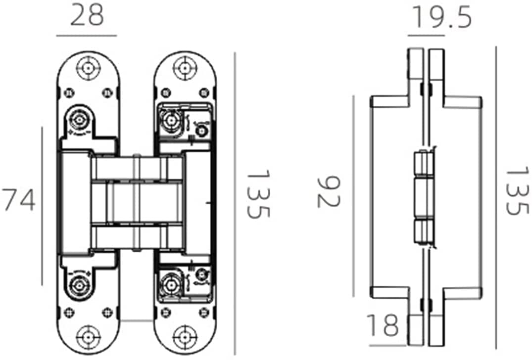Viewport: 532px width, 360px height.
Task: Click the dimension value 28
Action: point(87,16)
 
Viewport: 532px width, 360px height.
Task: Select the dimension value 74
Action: point(19,200)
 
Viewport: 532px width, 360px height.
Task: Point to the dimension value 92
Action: point(328,191)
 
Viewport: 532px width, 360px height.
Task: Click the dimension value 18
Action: point(383,325)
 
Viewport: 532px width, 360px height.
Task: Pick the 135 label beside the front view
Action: point(258,194)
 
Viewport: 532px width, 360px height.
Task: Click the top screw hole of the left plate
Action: point(88,68)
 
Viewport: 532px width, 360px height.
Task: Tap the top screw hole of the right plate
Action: point(185,68)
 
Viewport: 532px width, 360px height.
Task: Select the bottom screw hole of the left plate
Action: point(88,337)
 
